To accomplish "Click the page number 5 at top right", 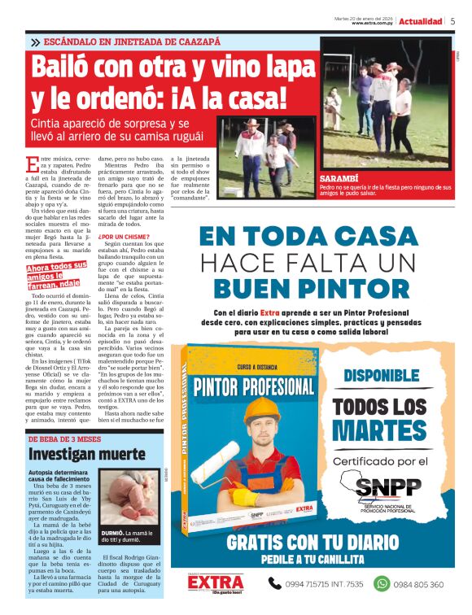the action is [x=452, y=21].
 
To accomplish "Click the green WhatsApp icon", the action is [x=382, y=583].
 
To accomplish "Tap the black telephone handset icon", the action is [x=276, y=583].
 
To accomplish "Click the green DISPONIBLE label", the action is [x=392, y=376].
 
